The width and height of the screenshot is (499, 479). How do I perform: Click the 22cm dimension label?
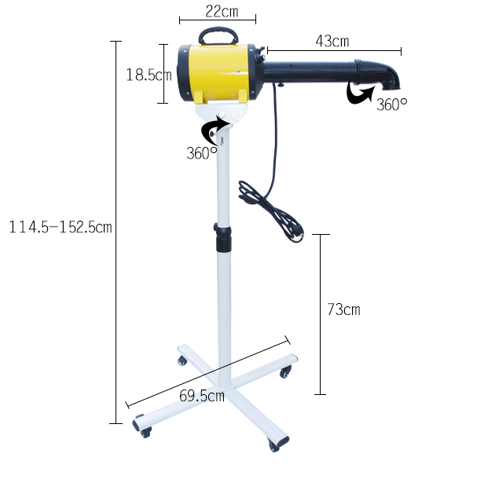click(x=222, y=12)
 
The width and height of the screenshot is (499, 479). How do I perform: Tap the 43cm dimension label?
click(x=332, y=42)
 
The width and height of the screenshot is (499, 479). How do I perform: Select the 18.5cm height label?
click(x=149, y=75)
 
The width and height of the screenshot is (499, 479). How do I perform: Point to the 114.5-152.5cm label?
click(x=61, y=227)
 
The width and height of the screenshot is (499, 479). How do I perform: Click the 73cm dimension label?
click(x=343, y=309)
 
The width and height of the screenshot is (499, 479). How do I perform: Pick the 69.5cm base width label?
click(x=202, y=396)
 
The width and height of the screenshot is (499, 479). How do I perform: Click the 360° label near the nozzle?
click(x=392, y=104)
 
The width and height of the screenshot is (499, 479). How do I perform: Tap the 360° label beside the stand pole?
click(x=202, y=153)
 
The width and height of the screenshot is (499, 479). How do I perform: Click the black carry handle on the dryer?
click(x=218, y=35)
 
